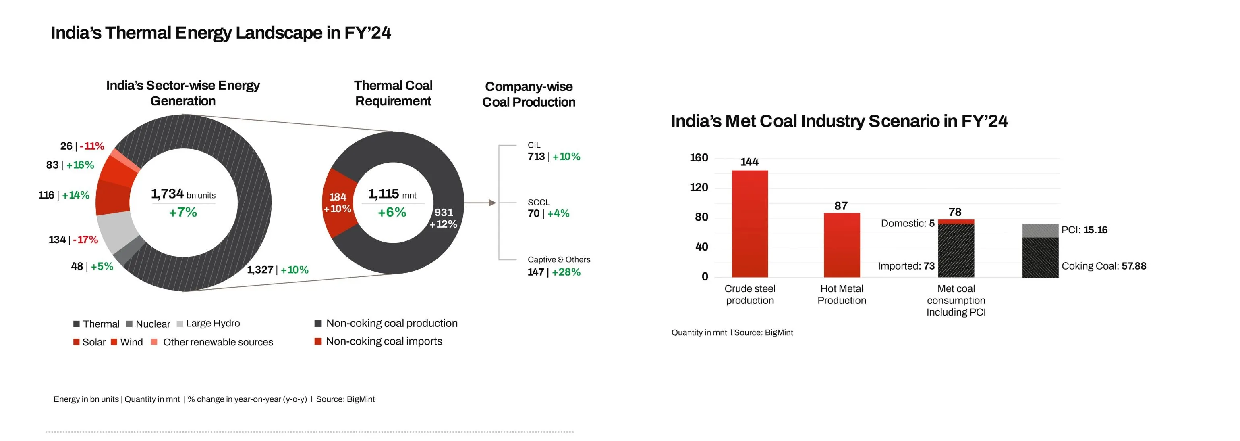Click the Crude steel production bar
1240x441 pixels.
[x=749, y=224]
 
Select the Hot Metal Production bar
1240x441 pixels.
[x=842, y=245]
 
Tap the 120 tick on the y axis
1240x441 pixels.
[x=699, y=188]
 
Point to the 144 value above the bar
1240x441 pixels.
[x=749, y=162]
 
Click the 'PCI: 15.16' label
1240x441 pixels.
[x=1084, y=230]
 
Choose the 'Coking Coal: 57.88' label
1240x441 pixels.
[x=1103, y=266]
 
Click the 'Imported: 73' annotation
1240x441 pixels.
[x=906, y=266]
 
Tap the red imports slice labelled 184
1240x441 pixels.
[x=338, y=203]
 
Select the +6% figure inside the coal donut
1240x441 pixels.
[x=392, y=212]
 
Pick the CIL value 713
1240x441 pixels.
[x=536, y=157]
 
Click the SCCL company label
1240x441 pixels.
[x=538, y=203]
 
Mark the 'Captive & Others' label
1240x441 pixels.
[x=558, y=260]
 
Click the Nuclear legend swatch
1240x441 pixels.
[x=129, y=324]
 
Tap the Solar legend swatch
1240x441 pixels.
[x=76, y=342]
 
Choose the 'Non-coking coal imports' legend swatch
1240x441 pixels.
[x=318, y=341]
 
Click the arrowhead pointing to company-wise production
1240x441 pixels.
[x=492, y=203]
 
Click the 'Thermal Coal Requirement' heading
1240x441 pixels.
[x=393, y=93]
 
